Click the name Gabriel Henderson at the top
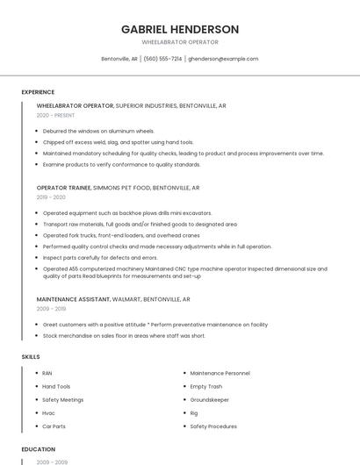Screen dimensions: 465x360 tap(180, 29)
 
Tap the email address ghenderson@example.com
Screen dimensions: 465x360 tap(223, 59)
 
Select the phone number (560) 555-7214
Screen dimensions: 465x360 tap(162, 59)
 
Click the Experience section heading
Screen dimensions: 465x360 tap(38, 92)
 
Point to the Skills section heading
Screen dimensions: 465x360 tap(31, 357)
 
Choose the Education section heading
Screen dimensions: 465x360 tap(38, 448)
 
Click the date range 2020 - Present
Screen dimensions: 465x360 tap(55, 115)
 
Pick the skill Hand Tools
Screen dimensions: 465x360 tap(56, 386)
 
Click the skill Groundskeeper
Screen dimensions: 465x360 tap(209, 399)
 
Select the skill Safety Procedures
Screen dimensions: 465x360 tap(213, 426)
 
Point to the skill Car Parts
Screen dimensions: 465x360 tap(54, 426)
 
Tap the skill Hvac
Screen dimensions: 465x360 tap(48, 412)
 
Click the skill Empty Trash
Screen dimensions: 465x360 tap(206, 386)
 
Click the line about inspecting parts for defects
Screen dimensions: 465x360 tap(100, 258)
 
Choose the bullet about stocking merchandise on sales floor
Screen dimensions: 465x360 tap(124, 335)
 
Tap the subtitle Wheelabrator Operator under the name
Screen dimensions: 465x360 tap(180, 42)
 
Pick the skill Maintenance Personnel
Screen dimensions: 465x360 tap(220, 373)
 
